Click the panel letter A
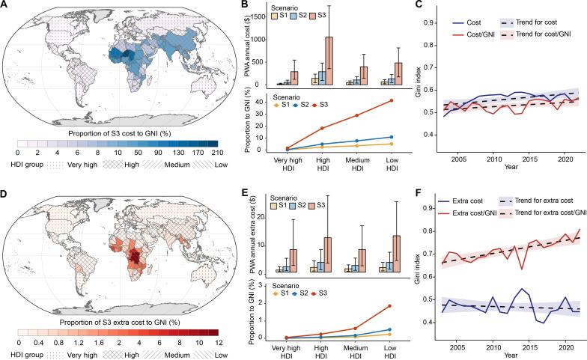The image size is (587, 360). [6, 6]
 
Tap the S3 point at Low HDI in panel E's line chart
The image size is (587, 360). [368, 285]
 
